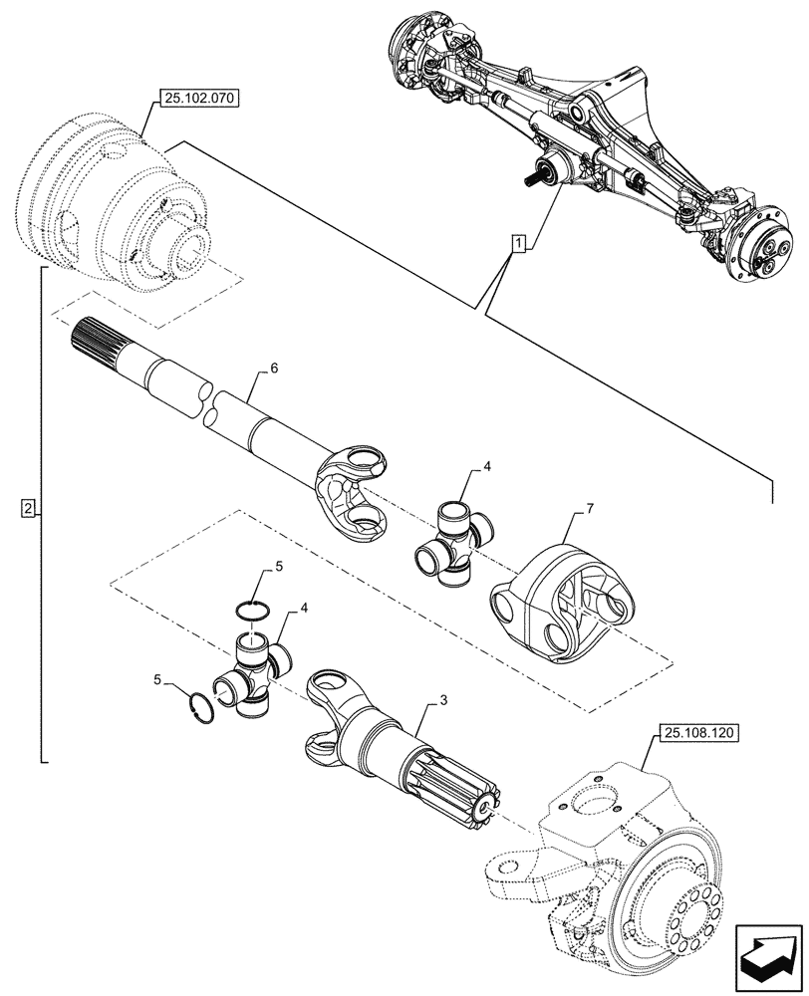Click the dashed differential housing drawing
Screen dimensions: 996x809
point(120,199)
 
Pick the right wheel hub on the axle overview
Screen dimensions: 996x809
point(767,249)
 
